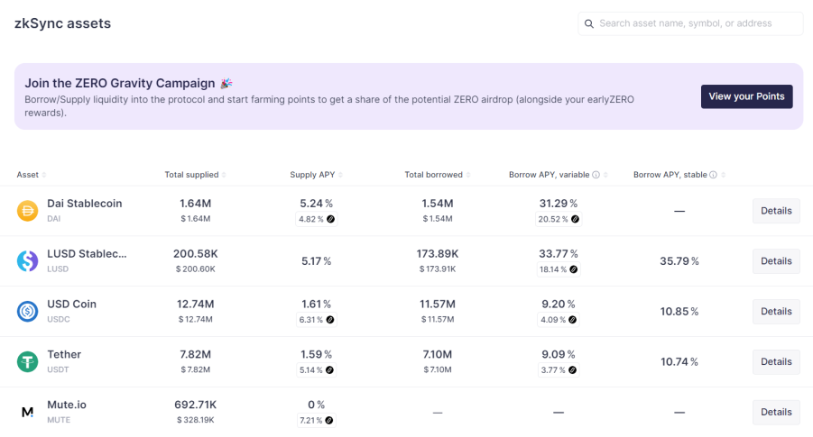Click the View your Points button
[746, 96]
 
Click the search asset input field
[690, 23]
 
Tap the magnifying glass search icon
[589, 23]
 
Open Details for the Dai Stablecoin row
[776, 211]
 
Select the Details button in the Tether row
[776, 361]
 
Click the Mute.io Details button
[776, 412]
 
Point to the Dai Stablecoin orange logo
[27, 211]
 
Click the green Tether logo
[27, 361]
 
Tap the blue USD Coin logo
[27, 311]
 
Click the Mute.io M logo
[27, 412]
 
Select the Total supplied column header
[192, 175]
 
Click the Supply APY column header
[312, 175]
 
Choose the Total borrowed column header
[433, 175]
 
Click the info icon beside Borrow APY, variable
[596, 175]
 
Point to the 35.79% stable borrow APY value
[679, 261]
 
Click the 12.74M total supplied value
[196, 304]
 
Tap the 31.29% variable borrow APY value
[559, 204]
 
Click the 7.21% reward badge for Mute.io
[317, 420]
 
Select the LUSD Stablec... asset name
[87, 254]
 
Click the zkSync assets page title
[63, 23]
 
